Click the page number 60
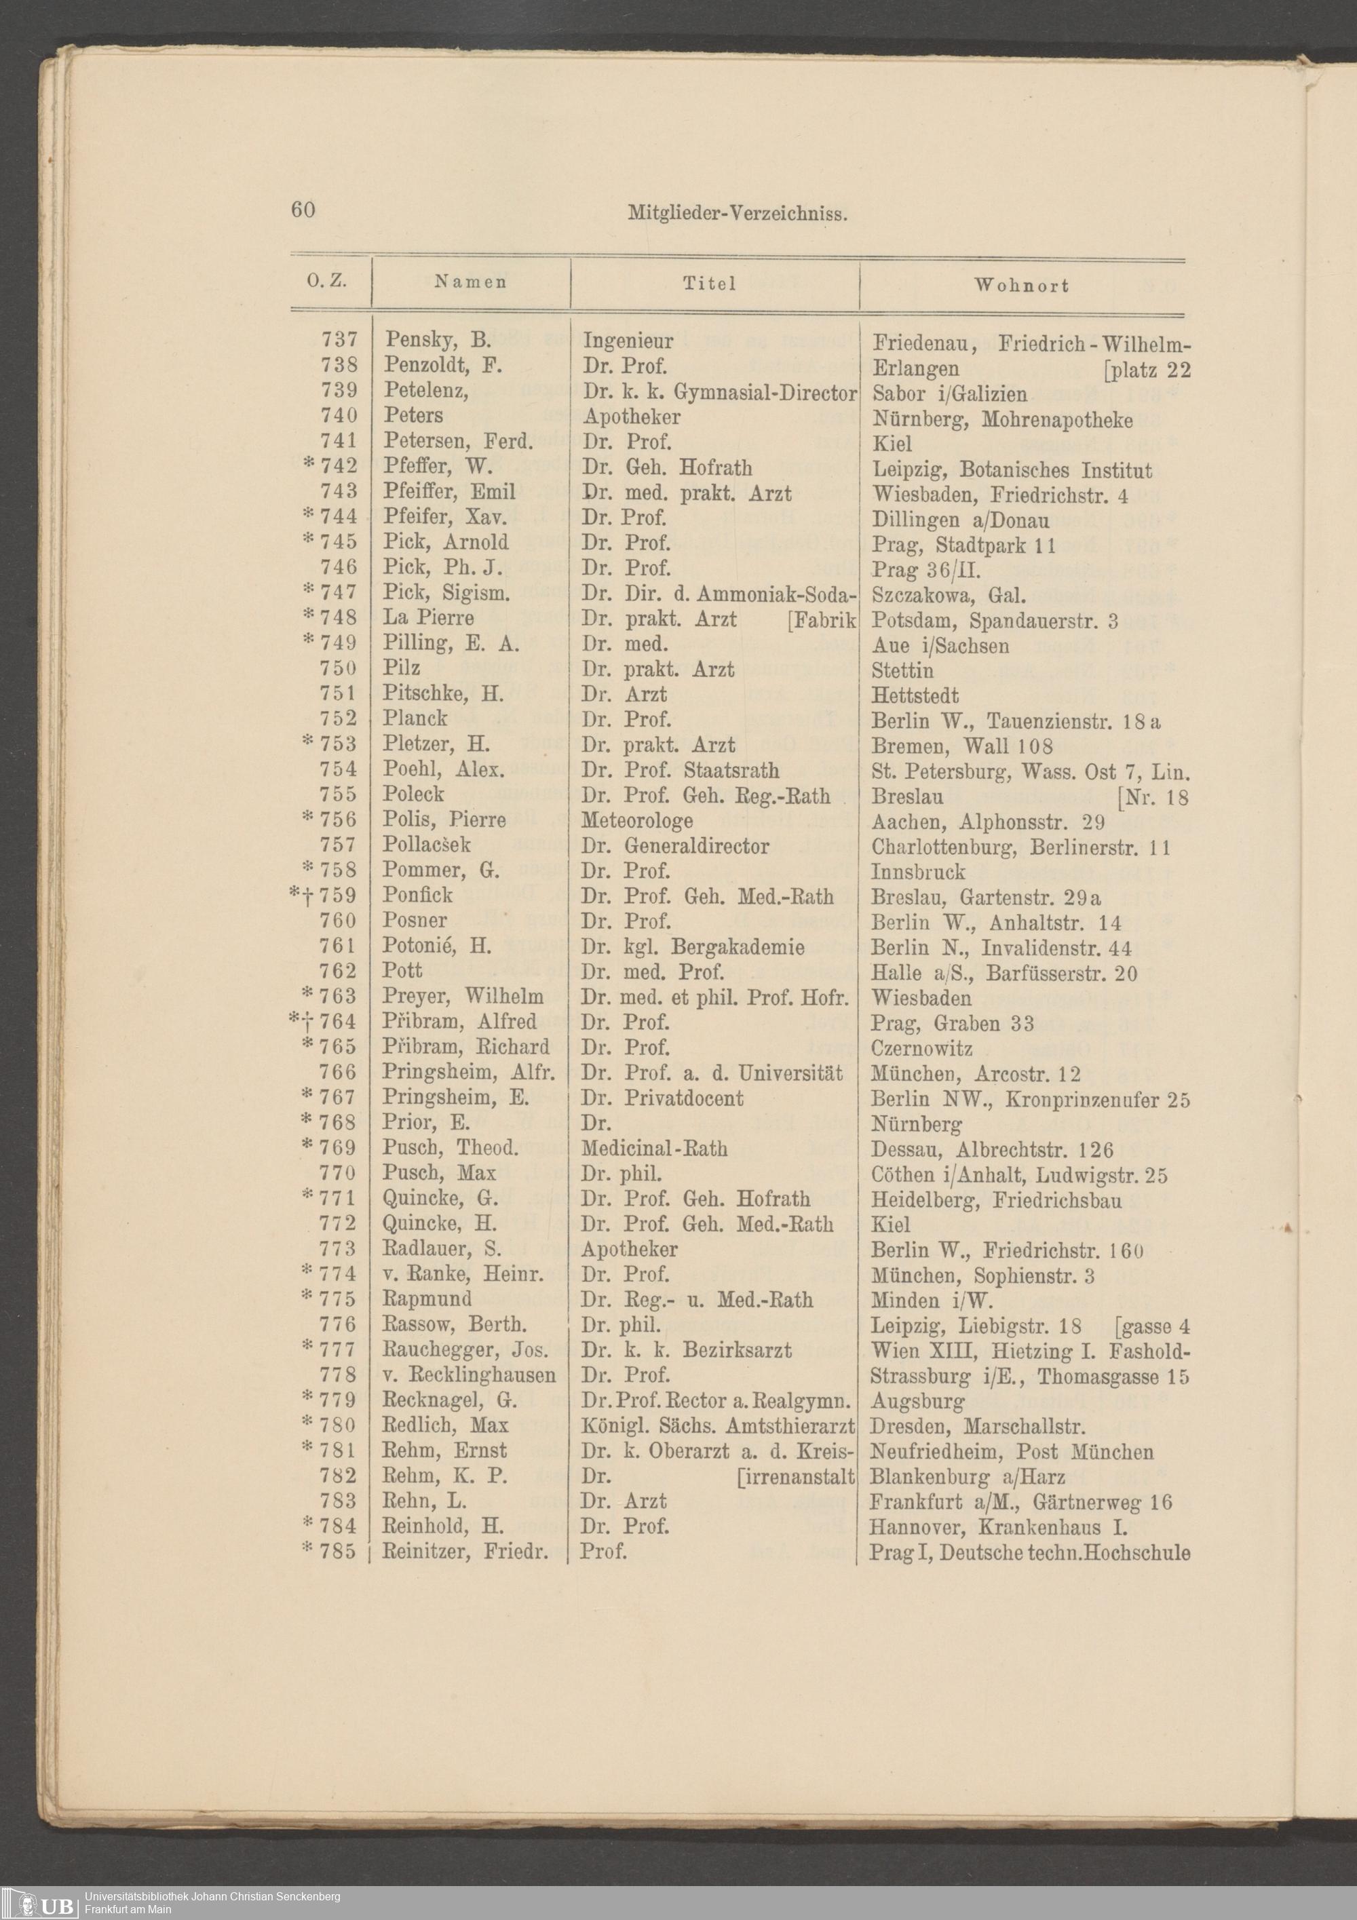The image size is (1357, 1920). [303, 209]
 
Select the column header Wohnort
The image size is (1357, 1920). [1021, 285]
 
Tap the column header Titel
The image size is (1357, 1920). [709, 284]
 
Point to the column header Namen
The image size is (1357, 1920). [470, 282]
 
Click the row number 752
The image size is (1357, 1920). [338, 719]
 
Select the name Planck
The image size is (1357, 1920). [415, 718]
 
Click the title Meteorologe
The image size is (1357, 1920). [637, 820]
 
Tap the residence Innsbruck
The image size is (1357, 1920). [918, 871]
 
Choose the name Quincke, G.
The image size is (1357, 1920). [440, 1198]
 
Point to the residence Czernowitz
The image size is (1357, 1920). [921, 1048]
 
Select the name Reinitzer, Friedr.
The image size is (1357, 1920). [465, 1552]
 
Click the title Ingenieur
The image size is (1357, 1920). [628, 341]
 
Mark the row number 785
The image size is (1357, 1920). [337, 1552]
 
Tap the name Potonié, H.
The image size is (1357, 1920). [436, 946]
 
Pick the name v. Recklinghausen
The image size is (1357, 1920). [468, 1376]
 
